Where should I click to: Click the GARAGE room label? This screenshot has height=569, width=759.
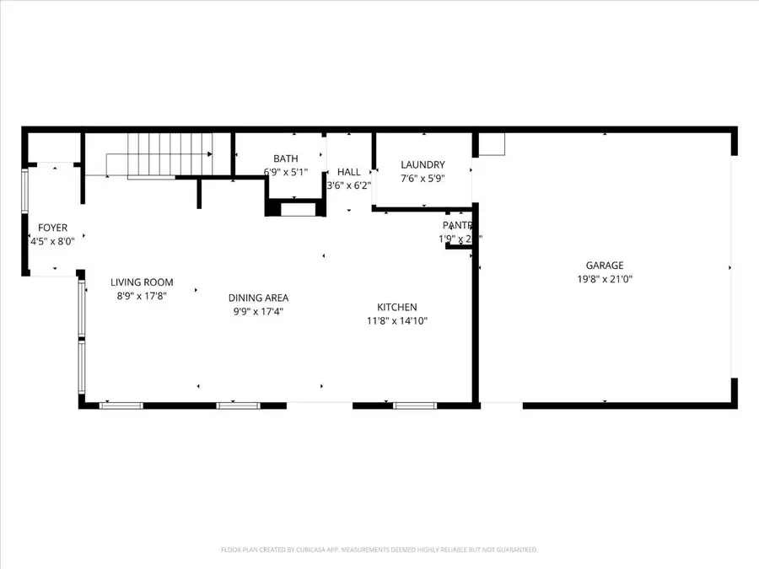605,265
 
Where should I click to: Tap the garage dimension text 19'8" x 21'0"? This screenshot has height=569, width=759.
605,278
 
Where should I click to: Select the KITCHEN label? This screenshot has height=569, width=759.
396,308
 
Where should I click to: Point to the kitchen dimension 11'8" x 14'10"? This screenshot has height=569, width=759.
396,321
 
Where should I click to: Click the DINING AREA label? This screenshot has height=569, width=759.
259,298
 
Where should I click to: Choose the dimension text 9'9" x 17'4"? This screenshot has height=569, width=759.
259,311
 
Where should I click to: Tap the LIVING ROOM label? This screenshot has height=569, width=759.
142,282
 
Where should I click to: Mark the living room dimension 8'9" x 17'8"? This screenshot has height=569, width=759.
142,296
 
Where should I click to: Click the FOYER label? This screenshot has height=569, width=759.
52,228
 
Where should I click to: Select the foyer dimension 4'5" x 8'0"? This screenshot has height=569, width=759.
52,241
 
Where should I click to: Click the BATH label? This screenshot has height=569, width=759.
286,158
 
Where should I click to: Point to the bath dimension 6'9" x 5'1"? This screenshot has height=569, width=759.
286,172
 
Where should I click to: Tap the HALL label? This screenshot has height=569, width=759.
349,172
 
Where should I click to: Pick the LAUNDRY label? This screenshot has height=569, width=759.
423,164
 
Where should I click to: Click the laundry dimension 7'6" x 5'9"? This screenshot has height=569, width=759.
423,178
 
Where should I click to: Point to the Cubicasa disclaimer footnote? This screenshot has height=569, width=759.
379,550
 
